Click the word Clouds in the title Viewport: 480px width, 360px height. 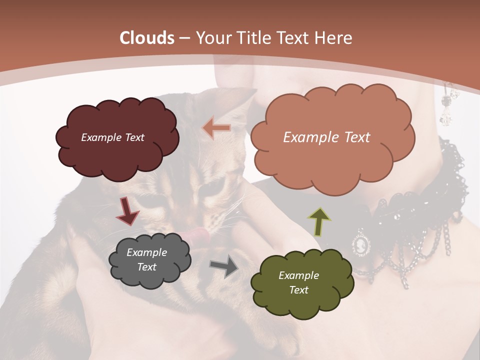[x=147, y=38]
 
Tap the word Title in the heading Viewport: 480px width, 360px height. [x=253, y=38]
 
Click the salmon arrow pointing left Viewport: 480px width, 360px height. [x=216, y=128]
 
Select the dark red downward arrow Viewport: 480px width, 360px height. [x=127, y=211]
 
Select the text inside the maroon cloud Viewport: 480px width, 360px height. [x=112, y=137]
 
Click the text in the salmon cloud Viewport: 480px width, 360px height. [x=326, y=137]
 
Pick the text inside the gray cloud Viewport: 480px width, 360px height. [x=146, y=260]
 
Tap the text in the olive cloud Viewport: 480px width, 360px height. [x=298, y=282]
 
